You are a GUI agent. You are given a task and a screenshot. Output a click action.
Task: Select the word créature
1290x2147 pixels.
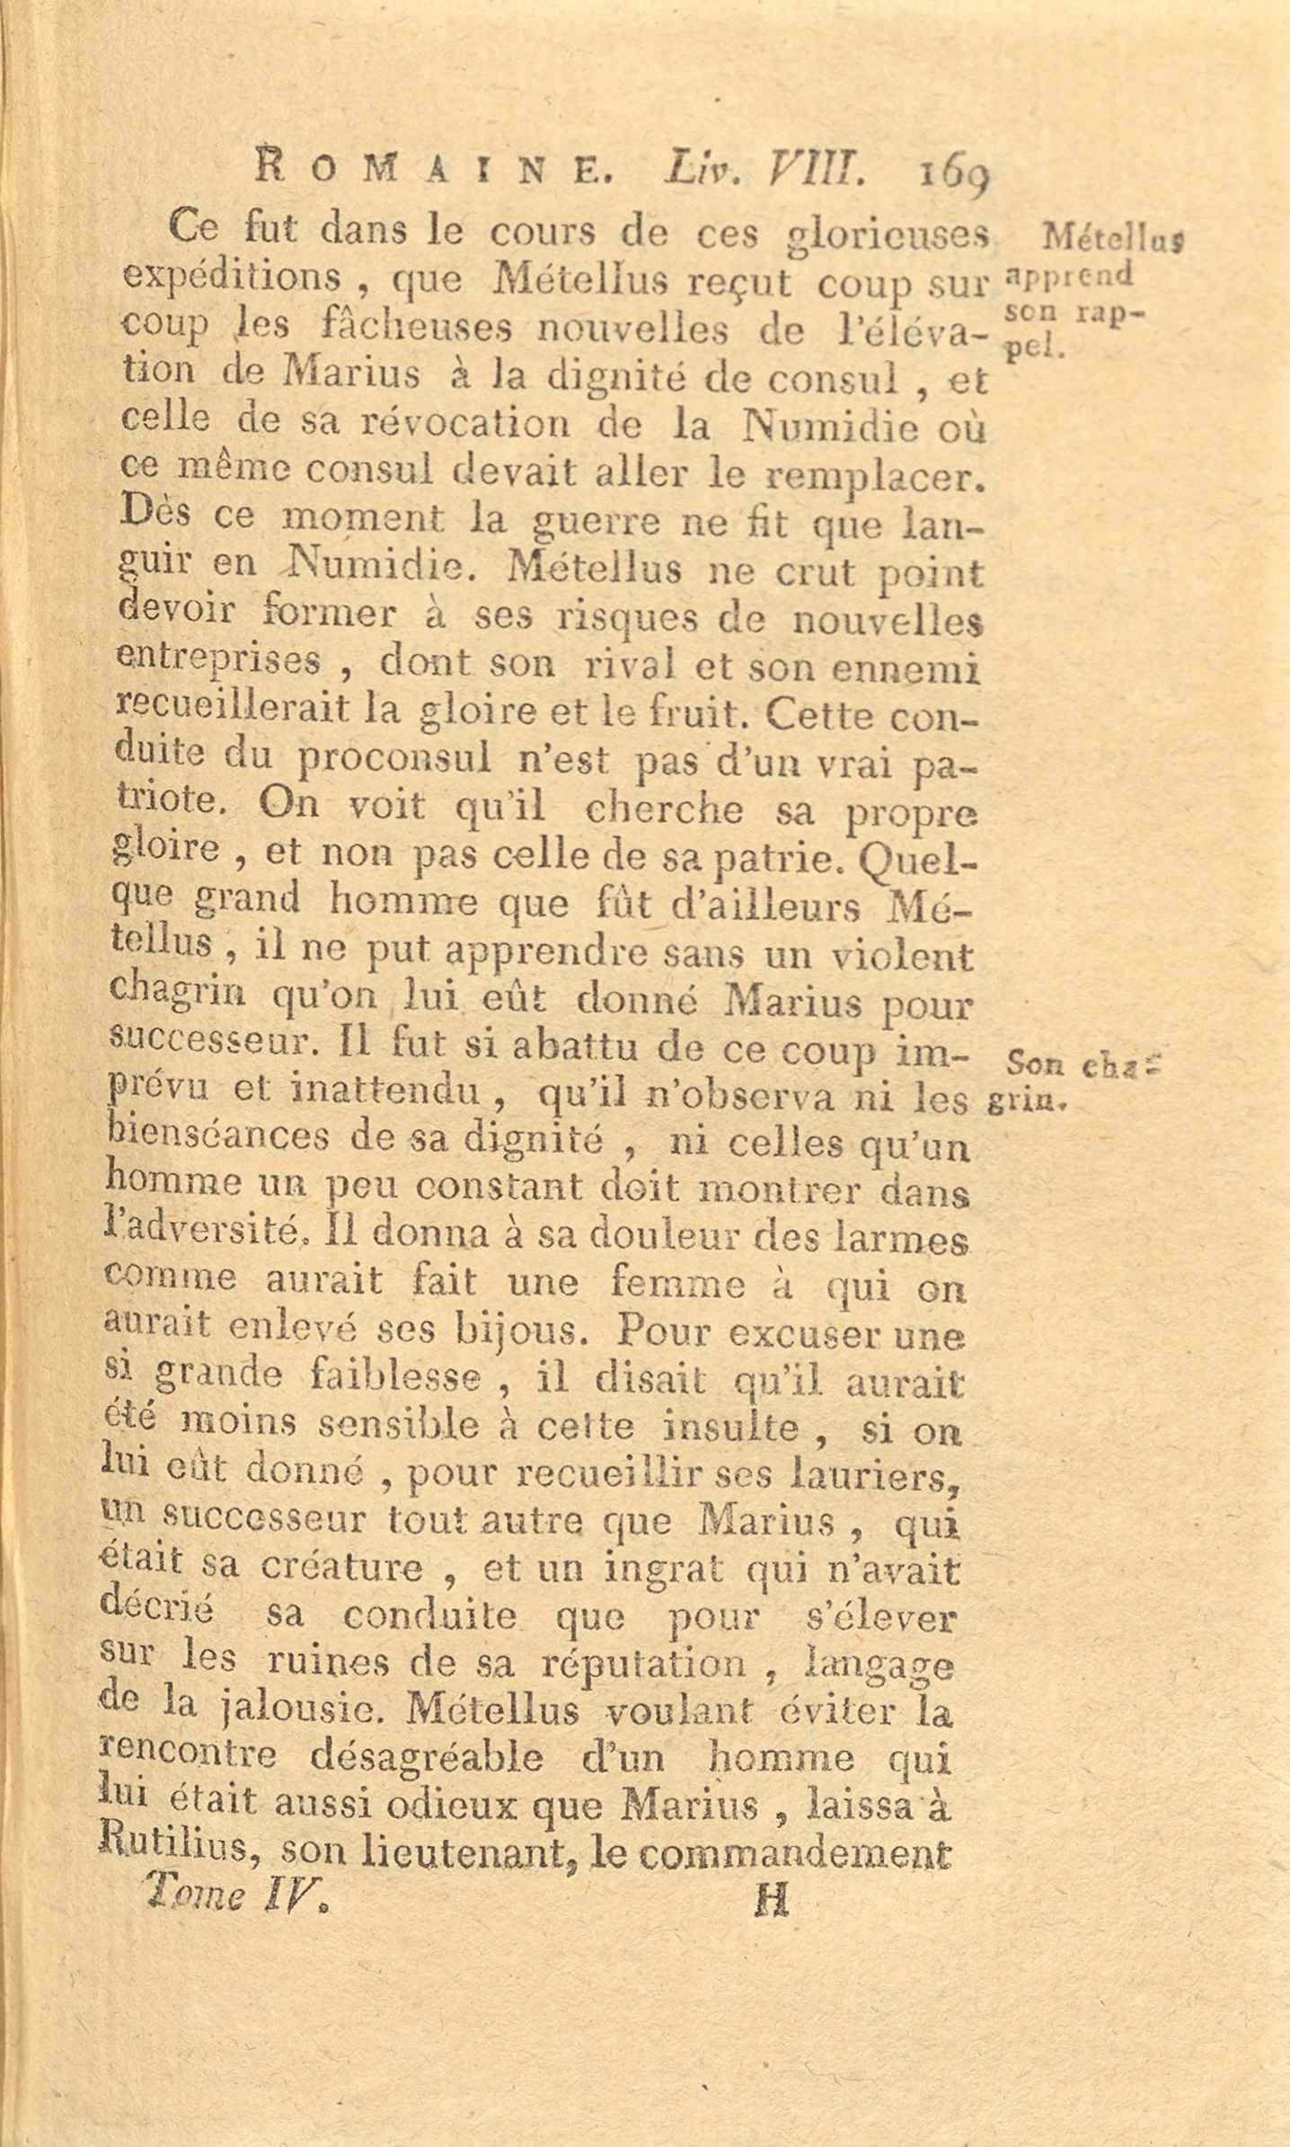[341, 1568]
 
